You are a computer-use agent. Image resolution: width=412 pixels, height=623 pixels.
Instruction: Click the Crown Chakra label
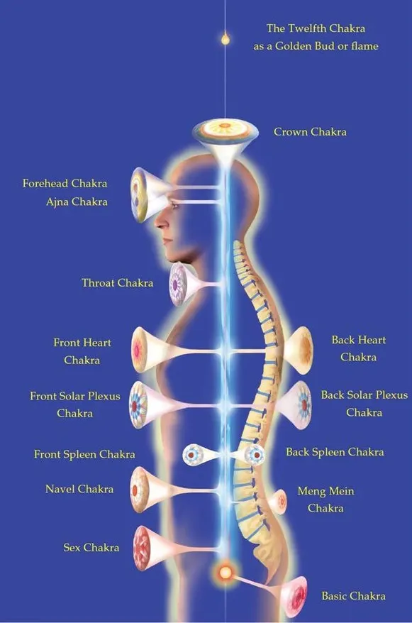pyautogui.click(x=310, y=132)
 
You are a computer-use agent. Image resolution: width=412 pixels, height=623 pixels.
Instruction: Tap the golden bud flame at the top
pyautogui.click(x=225, y=38)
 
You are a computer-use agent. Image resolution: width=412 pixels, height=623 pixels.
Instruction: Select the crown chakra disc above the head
pyautogui.click(x=225, y=129)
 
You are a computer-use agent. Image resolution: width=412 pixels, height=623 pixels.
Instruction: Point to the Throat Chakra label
pyautogui.click(x=118, y=283)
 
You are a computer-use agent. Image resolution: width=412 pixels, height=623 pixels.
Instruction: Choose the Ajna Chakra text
pyautogui.click(x=77, y=202)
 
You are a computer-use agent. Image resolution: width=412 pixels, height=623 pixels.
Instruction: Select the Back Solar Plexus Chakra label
pyautogui.click(x=364, y=404)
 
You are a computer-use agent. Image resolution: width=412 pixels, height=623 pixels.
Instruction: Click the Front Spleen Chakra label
pyautogui.click(x=84, y=454)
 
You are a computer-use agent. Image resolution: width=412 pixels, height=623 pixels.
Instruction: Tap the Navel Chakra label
pyautogui.click(x=79, y=489)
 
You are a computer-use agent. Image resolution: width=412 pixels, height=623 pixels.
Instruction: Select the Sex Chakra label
pyautogui.click(x=91, y=548)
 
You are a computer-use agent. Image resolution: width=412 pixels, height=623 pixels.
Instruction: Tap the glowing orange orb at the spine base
pyautogui.click(x=226, y=573)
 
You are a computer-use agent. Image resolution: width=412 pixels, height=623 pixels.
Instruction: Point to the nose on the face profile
pyautogui.click(x=160, y=221)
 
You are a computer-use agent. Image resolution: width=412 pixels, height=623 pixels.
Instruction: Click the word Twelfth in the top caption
pyautogui.click(x=307, y=28)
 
